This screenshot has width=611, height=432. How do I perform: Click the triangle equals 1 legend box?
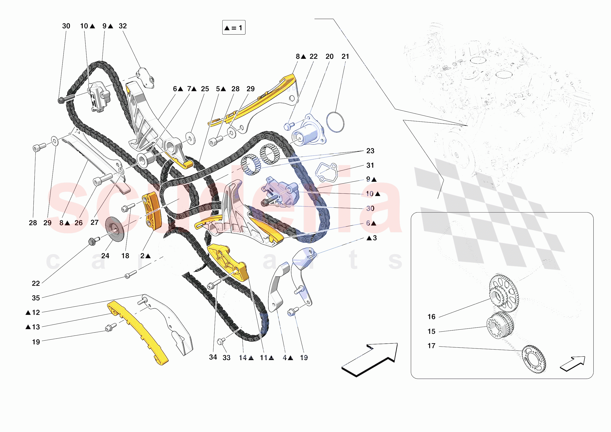[234, 27]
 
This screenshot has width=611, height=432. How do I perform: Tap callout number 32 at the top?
[123, 26]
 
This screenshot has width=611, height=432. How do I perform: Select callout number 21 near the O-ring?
[345, 56]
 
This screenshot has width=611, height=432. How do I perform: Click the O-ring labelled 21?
[335, 122]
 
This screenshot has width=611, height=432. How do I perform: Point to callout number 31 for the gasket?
[370, 165]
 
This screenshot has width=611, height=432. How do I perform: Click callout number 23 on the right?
[370, 151]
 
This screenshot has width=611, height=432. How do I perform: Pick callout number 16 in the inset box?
[431, 317]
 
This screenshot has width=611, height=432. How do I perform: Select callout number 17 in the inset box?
[431, 346]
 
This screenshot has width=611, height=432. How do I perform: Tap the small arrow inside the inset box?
[572, 364]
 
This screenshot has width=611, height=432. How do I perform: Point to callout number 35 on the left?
[36, 298]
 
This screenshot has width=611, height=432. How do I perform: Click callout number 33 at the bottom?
[226, 358]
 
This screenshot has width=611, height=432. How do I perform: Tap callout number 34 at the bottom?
[213, 357]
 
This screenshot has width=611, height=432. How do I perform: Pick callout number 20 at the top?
[329, 56]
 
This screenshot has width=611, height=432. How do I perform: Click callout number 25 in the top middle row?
[205, 89]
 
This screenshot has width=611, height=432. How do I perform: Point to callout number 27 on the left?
[95, 222]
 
